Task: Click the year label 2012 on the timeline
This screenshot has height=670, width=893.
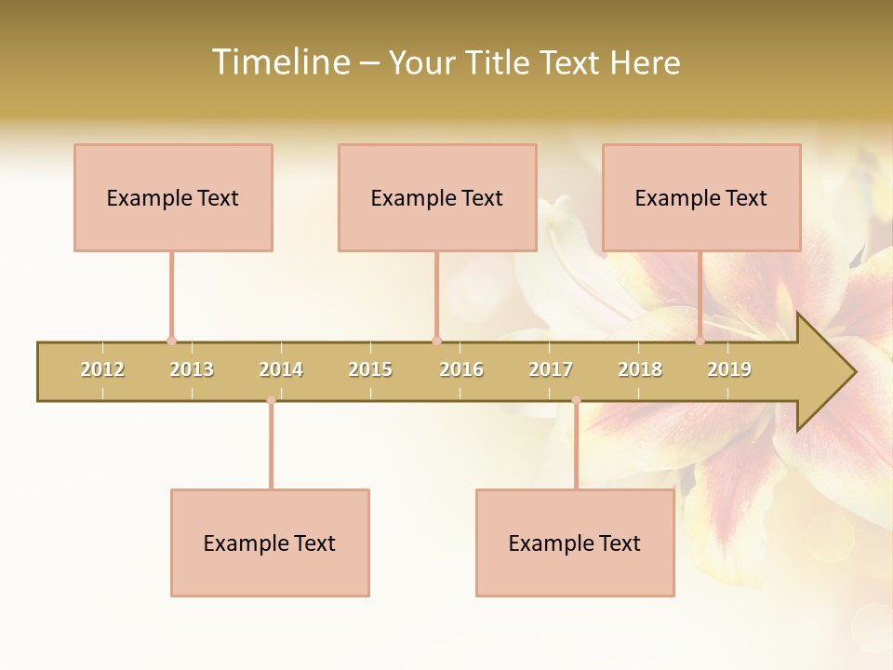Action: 102,370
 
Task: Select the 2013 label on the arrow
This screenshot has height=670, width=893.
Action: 192,370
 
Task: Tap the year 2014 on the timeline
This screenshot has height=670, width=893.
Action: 281,370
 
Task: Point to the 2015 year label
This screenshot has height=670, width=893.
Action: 370,370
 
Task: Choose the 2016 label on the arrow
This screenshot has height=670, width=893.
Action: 461,370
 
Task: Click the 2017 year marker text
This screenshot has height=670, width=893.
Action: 551,370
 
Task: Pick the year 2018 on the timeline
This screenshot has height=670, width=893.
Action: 640,370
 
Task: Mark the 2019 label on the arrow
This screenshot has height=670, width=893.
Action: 729,370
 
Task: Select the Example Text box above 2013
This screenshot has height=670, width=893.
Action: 173,197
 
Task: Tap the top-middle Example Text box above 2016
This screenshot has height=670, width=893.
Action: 437,197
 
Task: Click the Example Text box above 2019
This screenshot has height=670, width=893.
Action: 701,197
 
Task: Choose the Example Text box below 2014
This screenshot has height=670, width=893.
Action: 270,543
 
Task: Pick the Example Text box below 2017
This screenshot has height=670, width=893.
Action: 575,543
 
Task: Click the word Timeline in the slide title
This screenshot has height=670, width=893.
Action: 280,62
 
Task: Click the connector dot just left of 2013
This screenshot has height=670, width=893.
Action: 171,341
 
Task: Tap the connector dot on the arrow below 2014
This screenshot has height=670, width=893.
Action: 271,400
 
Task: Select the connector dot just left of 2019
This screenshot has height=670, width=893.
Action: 700,341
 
